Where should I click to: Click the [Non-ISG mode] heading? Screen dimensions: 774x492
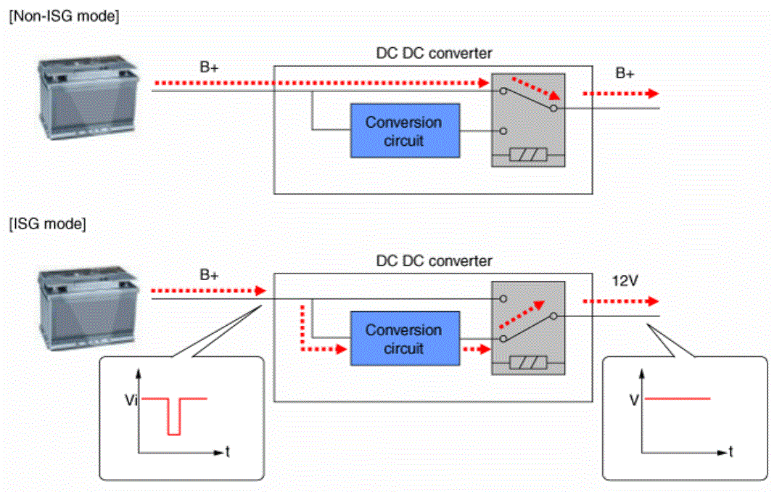coord(64,16)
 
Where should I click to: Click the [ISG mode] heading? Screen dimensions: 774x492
coord(47,224)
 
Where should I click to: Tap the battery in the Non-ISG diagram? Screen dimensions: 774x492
coord(88,97)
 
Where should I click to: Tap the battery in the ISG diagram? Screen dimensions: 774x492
coord(88,308)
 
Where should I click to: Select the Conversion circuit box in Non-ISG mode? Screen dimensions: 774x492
coord(405,131)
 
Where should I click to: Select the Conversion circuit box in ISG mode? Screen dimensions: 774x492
coord(405,339)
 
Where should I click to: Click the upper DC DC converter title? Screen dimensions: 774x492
coord(434,54)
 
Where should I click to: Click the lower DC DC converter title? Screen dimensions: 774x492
coord(434,261)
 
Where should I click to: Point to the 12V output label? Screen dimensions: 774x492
coord(625,281)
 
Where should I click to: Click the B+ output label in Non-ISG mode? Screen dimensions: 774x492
coord(625,73)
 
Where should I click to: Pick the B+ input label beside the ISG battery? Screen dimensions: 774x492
coord(209,274)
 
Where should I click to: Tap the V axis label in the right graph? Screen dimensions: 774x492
coord(634,400)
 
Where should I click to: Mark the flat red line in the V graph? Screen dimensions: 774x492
coord(678,398)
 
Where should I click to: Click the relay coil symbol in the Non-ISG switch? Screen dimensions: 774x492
coord(528,155)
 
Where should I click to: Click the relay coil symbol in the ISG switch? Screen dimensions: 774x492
coord(528,363)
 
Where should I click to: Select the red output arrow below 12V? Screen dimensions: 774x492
coord(620,301)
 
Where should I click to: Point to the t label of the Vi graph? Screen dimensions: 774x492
coord(228,451)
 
